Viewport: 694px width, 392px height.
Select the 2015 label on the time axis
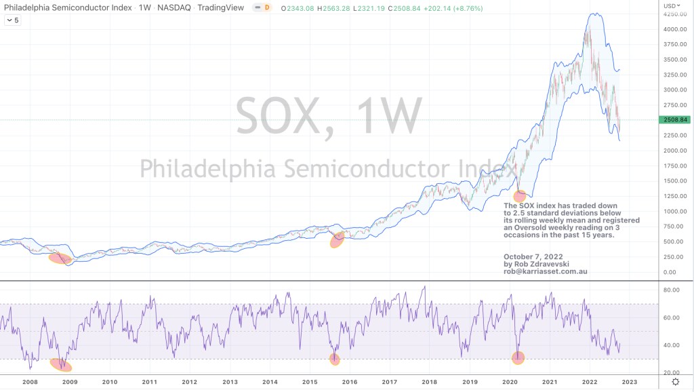click(310, 382)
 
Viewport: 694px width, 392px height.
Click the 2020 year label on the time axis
click(510, 382)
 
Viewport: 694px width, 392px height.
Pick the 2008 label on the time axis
click(29, 382)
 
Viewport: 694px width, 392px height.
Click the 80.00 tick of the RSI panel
click(672, 290)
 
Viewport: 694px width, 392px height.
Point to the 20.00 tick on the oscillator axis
click(672, 372)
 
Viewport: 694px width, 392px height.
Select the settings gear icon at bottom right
click(675, 383)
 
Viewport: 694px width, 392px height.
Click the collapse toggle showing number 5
click(14, 20)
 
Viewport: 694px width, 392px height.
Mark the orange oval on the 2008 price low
click(59, 258)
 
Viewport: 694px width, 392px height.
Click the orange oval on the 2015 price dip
click(337, 240)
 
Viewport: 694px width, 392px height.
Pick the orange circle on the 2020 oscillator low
click(518, 357)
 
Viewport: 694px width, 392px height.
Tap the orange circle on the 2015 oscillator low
click(334, 359)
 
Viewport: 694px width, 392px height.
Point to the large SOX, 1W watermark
click(329, 115)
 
